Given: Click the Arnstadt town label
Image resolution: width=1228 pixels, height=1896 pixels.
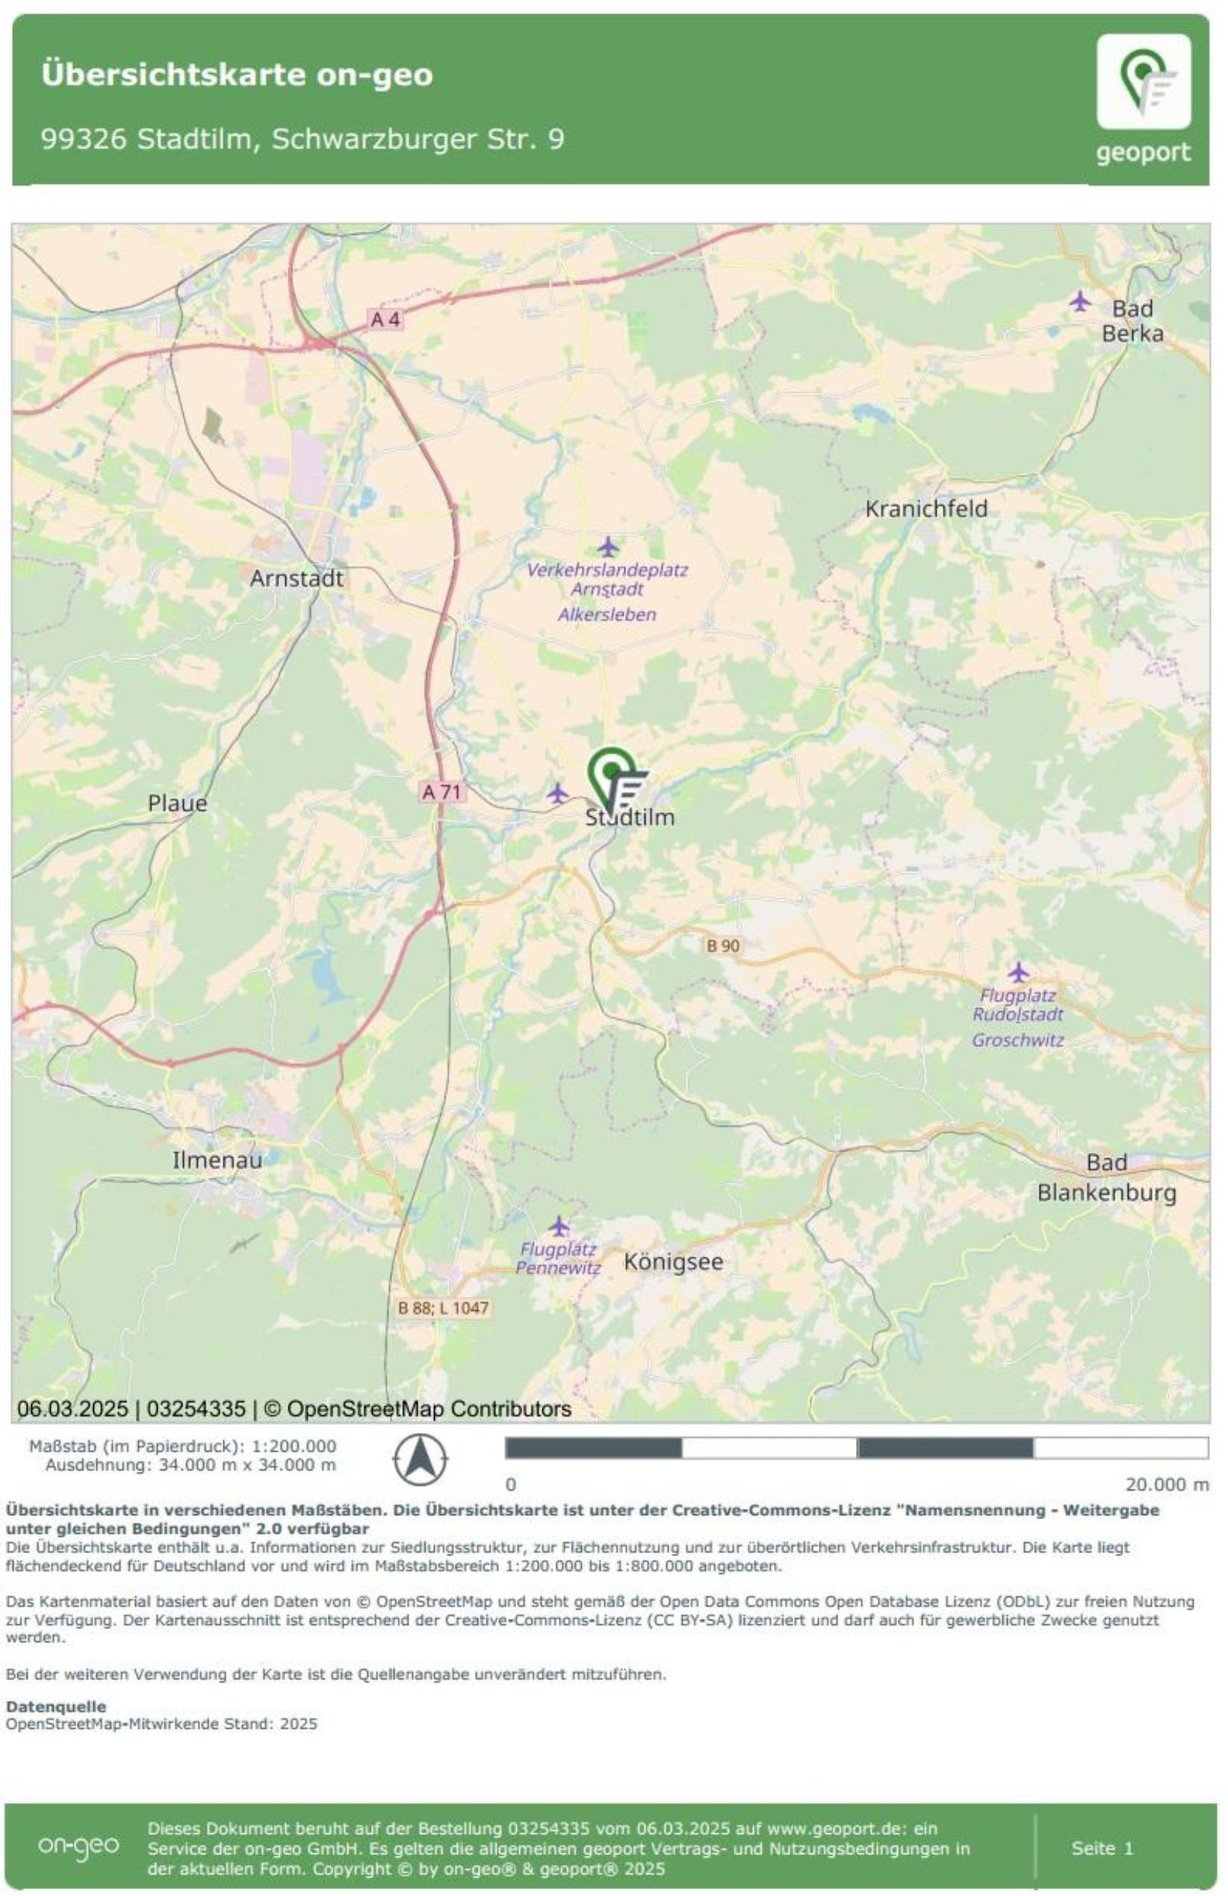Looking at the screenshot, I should pos(296,579).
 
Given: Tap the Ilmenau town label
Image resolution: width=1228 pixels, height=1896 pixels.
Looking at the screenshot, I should pos(217,1160).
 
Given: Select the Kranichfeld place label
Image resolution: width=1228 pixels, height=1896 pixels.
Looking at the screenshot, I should pos(926,509).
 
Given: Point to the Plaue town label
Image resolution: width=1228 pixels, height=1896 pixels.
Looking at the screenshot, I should pos(177,803).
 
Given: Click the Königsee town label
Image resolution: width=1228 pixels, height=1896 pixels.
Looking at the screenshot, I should pos(672,1262).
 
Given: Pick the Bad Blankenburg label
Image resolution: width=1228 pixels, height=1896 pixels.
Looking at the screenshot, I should pos(1106,1178).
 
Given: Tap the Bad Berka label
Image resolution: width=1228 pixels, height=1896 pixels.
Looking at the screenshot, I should pos(1132,320).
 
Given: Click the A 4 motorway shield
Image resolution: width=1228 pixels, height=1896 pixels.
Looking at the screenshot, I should pos(385,320).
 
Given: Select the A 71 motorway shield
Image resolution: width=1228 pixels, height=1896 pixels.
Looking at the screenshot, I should pos(441,792).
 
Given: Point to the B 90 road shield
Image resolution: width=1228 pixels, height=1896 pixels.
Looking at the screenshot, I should pos(723,945).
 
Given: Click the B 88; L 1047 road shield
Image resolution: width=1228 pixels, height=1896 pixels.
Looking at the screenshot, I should pos(443,1308).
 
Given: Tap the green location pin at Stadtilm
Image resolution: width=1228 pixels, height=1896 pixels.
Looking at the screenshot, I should pos(612,774).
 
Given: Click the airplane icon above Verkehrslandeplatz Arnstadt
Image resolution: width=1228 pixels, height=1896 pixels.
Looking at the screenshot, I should pos(608,547).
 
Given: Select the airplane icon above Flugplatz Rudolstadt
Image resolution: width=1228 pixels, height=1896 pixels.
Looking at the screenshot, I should pos(1017,972).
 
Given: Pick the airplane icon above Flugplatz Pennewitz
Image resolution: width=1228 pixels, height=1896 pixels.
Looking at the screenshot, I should pos(559,1225).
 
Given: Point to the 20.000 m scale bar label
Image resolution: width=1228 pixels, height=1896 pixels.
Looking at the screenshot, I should pos(1167,1484).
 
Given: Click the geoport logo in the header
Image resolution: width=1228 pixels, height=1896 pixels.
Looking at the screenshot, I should pos(1143,97).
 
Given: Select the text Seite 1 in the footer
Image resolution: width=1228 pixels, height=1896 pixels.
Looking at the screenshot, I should pos(1101,1847).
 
